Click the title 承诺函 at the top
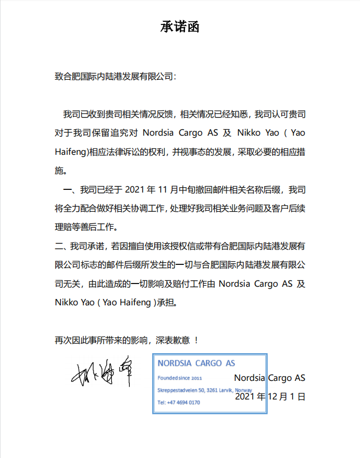pos(180,27)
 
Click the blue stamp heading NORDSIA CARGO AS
pos(196,364)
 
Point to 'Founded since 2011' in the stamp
pos(180,378)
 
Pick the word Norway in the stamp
pos(250,390)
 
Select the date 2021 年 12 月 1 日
pos(270,396)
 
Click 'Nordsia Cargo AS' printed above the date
pos(270,378)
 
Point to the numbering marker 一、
pos(71,189)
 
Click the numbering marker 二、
pos(62,246)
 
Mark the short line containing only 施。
pos(62,171)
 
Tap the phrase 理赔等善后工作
pos(85,227)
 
